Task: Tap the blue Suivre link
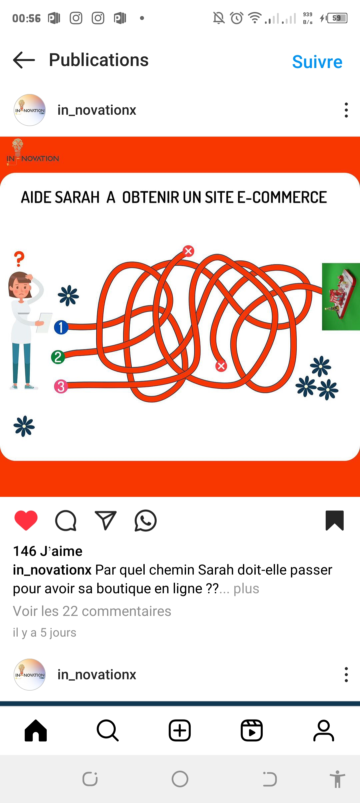click(317, 62)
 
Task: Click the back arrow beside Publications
click(24, 60)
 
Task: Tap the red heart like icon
click(26, 520)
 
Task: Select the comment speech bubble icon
click(66, 521)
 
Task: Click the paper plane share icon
click(106, 520)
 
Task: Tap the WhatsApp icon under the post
click(146, 521)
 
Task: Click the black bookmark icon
click(335, 520)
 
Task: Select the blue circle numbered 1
click(61, 327)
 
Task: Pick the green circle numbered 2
click(58, 357)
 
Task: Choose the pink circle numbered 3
click(61, 387)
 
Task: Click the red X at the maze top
click(188, 251)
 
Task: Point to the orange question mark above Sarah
click(19, 259)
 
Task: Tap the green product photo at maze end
click(341, 297)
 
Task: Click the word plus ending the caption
click(246, 589)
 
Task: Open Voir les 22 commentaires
click(92, 611)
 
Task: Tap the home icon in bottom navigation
click(36, 730)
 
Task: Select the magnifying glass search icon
click(108, 730)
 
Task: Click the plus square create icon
click(180, 730)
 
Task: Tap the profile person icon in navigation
click(324, 730)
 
